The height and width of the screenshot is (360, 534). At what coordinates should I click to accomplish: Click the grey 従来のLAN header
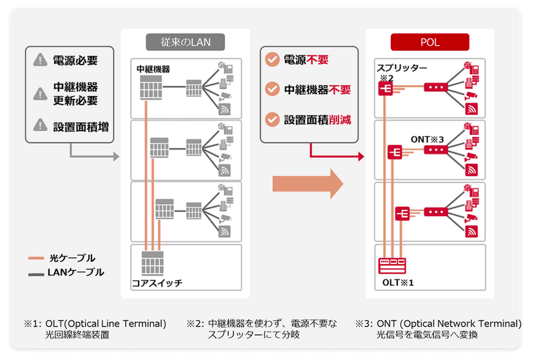pyautogui.click(x=185, y=43)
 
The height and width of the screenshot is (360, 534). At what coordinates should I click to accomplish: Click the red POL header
pyautogui.click(x=430, y=43)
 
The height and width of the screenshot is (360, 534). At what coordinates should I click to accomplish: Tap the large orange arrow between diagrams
pyautogui.click(x=306, y=185)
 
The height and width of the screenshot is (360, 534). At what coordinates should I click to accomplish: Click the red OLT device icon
pyautogui.click(x=391, y=265)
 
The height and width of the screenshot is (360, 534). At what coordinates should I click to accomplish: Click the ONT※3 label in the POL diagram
pyautogui.click(x=428, y=139)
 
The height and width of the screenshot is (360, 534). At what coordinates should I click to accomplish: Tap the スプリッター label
pyautogui.click(x=400, y=68)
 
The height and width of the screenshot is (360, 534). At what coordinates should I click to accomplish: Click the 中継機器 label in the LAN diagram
pyautogui.click(x=153, y=68)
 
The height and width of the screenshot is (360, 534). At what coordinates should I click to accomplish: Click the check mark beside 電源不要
pyautogui.click(x=273, y=60)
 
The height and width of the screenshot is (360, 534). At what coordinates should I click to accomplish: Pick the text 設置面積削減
pyautogui.click(x=317, y=120)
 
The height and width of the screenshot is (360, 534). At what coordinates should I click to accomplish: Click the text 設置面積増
pyautogui.click(x=80, y=127)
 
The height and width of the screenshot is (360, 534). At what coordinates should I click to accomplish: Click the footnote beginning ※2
pyautogui.click(x=262, y=329)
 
